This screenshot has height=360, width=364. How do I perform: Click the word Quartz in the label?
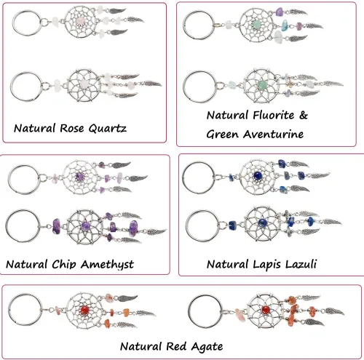coord(107,129)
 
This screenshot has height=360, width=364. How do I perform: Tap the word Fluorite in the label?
coord(274,115)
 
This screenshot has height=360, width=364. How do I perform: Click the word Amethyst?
coord(107,265)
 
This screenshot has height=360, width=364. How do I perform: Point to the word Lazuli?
coord(301,264)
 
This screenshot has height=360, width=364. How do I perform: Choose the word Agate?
coord(207,347)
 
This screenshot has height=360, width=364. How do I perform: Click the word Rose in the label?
coord(72,128)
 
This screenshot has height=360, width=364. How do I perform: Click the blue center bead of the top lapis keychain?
coord(257,175)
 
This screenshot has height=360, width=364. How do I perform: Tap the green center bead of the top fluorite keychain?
coord(256,24)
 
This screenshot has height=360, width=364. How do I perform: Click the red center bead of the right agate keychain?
coord(266,310)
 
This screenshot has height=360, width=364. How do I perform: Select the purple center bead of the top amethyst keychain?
coord(79,176)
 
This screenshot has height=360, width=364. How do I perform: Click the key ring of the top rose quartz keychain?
coord(28,23)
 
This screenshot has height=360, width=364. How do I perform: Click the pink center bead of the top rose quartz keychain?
coord(79,22)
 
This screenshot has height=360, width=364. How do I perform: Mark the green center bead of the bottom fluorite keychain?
coord(262,85)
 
